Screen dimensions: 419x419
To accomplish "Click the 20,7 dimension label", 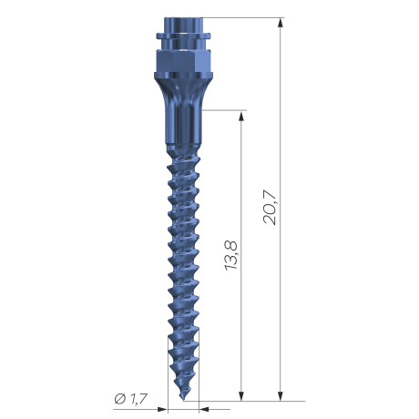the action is (x=270, y=209).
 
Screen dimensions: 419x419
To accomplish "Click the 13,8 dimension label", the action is (x=231, y=255).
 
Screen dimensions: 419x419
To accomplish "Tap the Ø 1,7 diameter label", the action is (x=131, y=398).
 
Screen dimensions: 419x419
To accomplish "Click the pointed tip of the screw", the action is (x=184, y=400).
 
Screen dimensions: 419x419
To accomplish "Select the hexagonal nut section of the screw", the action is (x=183, y=61).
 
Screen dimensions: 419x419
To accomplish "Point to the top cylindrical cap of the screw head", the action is (x=183, y=25).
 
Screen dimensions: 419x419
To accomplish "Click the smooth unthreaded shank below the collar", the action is (x=183, y=125).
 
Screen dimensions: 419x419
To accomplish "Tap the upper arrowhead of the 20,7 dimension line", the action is (x=281, y=23).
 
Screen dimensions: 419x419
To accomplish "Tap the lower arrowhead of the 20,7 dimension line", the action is (x=281, y=395).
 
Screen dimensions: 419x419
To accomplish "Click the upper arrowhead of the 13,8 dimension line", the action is (x=241, y=116).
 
